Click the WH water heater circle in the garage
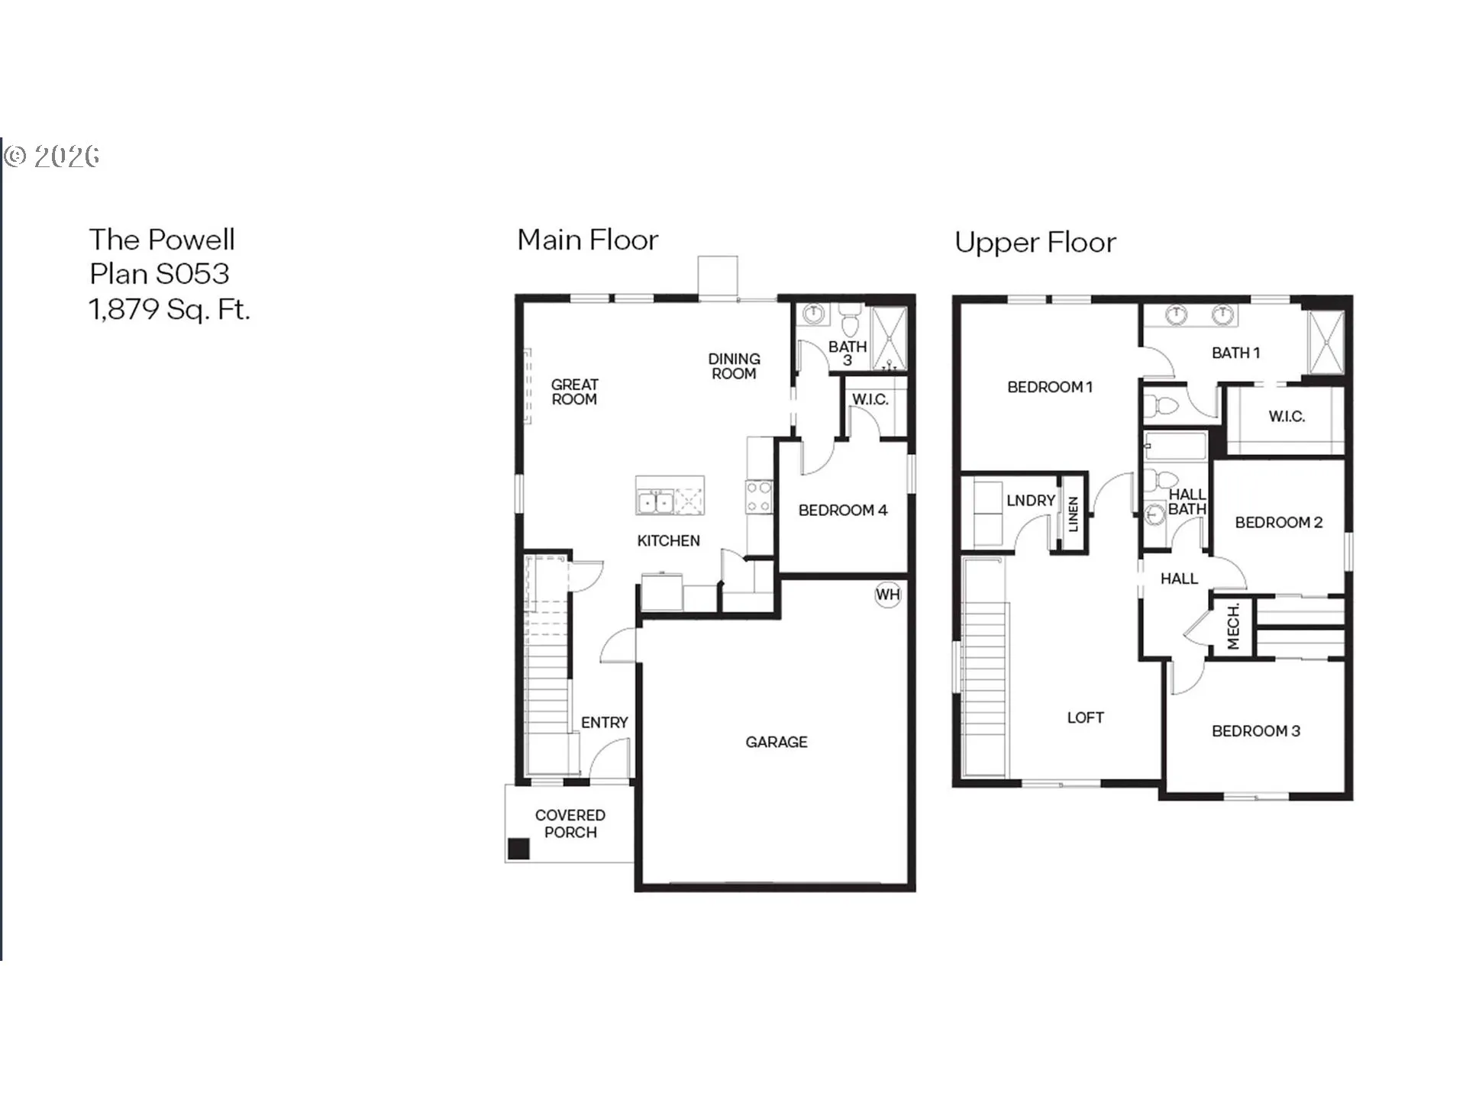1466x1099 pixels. coord(887,595)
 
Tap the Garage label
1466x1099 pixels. coord(777,742)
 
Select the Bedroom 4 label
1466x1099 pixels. coord(843,510)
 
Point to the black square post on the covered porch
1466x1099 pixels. coord(519,849)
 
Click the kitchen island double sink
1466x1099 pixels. coord(655,502)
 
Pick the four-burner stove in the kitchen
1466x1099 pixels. coord(759,497)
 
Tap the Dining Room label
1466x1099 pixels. coord(734,366)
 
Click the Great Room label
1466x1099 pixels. coord(575,392)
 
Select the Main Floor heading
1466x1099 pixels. coord(587,240)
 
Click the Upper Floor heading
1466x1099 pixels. coord(1035,243)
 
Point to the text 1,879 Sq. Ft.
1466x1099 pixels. coord(170,309)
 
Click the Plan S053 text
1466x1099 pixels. coord(159,273)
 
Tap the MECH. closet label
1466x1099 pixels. coord(1233,627)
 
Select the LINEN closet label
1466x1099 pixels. coord(1073,514)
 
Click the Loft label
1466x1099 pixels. coord(1085,717)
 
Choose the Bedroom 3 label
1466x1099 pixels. coord(1255,731)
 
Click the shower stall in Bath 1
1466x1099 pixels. coord(1326,342)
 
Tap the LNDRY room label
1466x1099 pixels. coord(1031,501)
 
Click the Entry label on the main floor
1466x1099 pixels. coord(604,723)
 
